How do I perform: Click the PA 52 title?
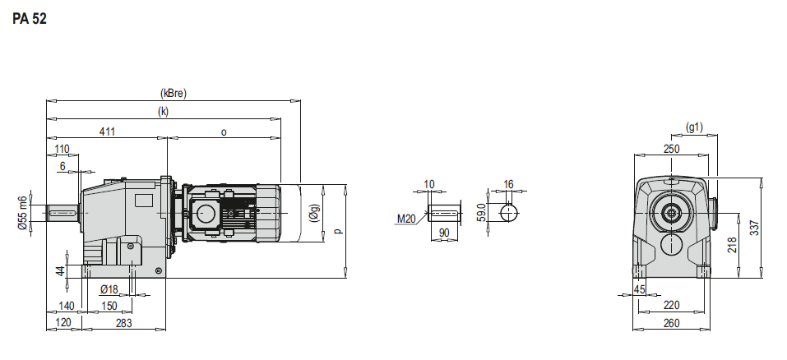tap(30, 19)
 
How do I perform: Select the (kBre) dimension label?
tap(174, 93)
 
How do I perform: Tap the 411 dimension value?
tap(107, 132)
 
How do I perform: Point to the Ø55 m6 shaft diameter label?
tap(22, 213)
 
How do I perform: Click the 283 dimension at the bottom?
tap(123, 323)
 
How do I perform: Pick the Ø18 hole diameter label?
tap(109, 289)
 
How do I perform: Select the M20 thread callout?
tap(406, 219)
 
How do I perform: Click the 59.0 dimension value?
tap(482, 213)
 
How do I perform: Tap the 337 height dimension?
tap(754, 228)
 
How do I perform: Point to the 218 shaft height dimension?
tap(732, 245)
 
